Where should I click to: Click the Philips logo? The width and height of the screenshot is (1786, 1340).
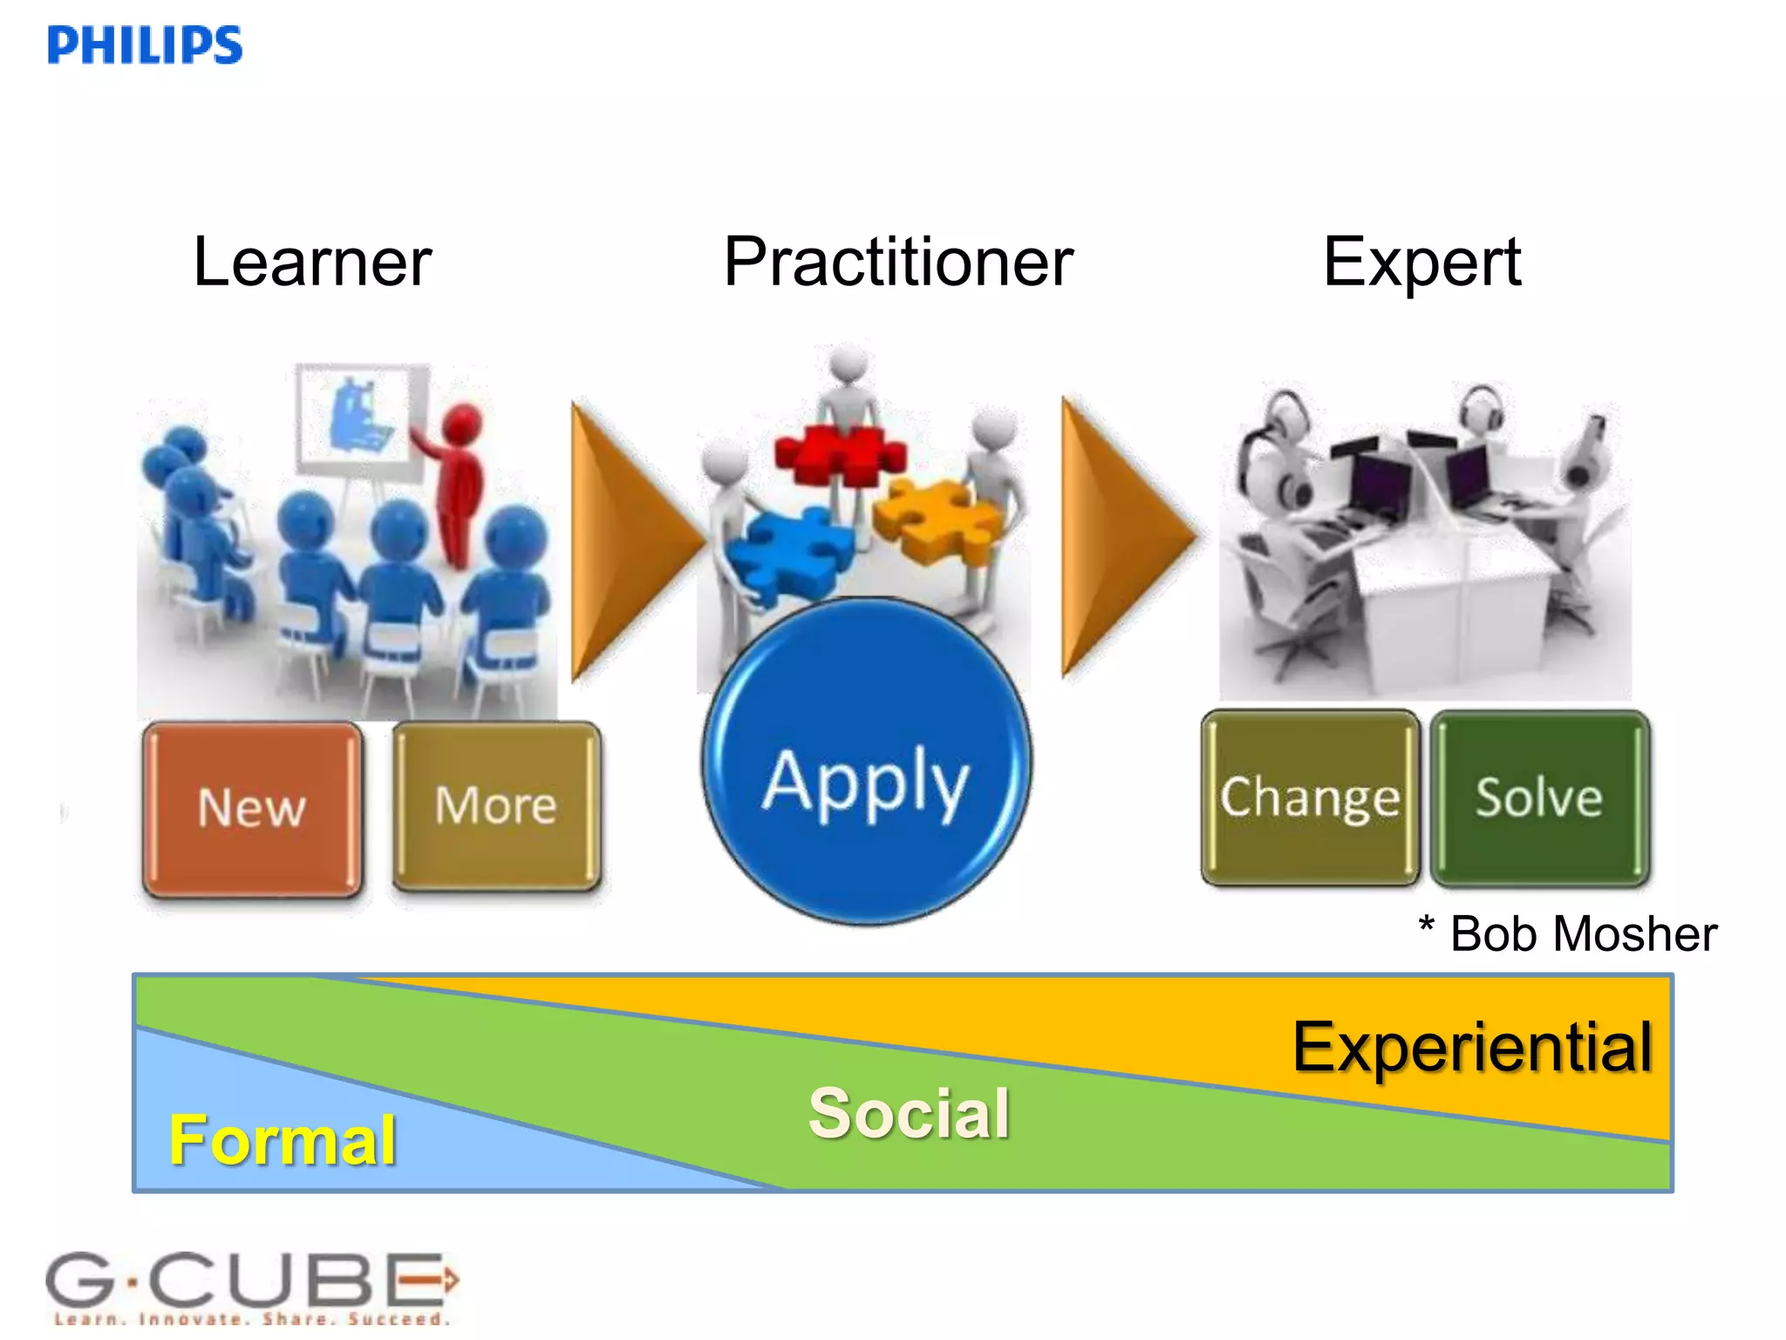point(145,45)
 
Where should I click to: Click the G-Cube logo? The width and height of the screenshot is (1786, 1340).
point(251,1281)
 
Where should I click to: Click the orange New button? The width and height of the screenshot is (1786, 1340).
point(252,808)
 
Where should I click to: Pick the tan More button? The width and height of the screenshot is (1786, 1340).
point(496,805)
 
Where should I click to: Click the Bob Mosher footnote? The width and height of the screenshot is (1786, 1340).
point(1568,934)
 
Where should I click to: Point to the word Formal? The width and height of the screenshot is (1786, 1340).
point(283,1140)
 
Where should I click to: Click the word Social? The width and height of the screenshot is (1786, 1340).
point(910,1113)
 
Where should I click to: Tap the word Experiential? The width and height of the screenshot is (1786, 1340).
point(1472,1047)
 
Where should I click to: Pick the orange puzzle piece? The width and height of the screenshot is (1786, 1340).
point(937,519)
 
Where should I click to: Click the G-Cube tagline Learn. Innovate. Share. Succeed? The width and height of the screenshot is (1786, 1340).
point(251,1319)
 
